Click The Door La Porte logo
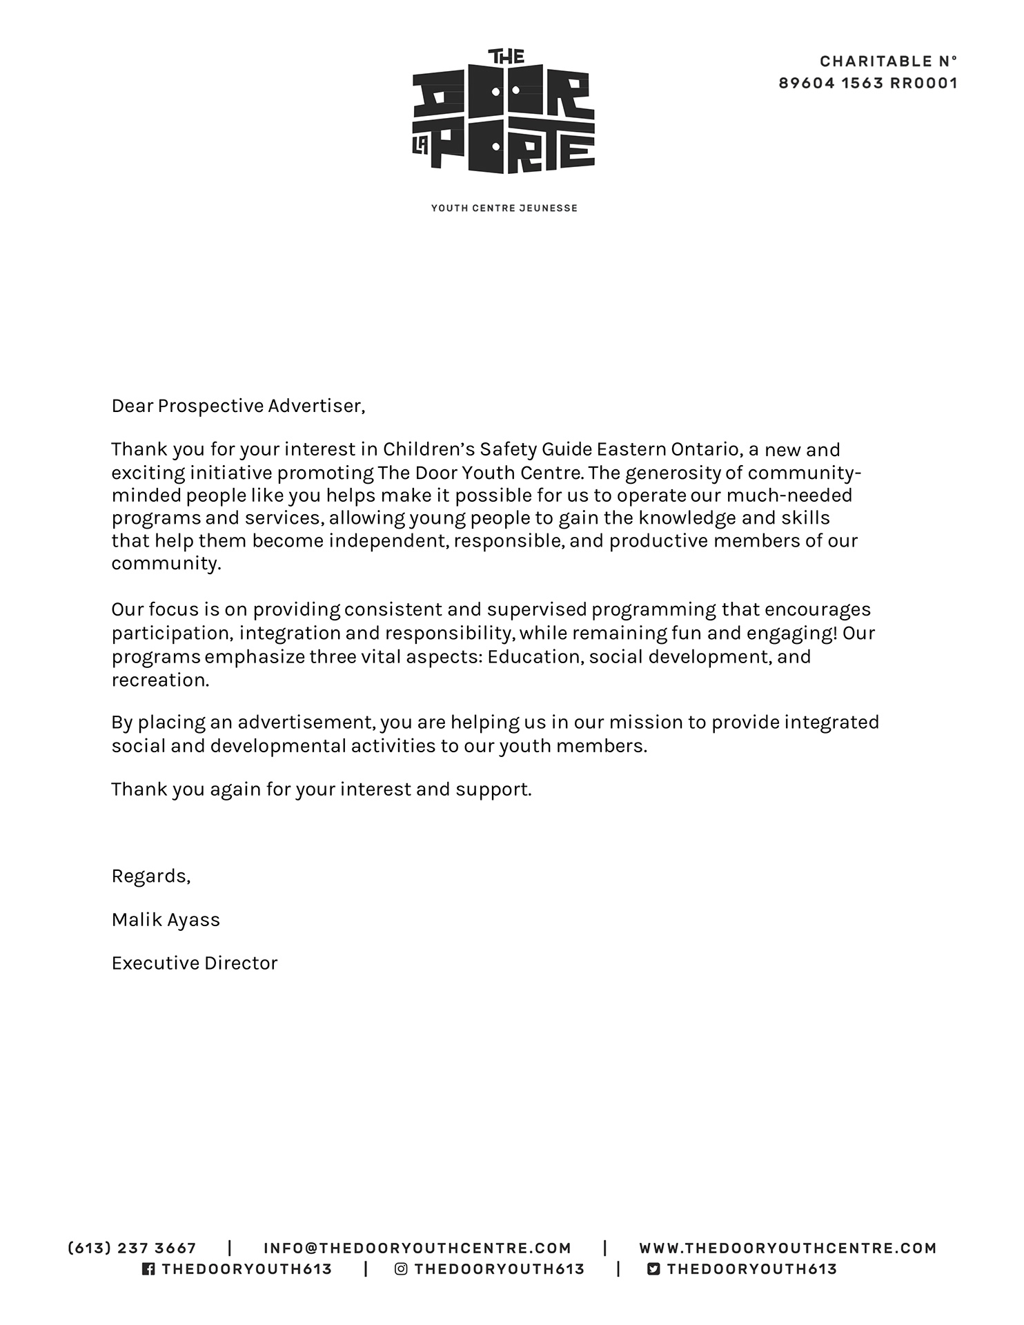click(504, 112)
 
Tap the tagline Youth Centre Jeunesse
click(504, 208)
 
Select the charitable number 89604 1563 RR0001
click(868, 84)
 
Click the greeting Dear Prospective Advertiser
click(238, 406)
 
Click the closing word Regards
click(150, 876)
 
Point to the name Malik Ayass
click(166, 920)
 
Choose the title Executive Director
click(194, 963)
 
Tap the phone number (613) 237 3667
click(132, 1248)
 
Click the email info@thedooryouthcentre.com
click(417, 1248)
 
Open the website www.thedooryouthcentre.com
click(787, 1248)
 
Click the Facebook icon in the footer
click(148, 1269)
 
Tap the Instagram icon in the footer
click(401, 1269)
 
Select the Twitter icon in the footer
click(653, 1269)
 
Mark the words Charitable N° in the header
click(888, 61)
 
